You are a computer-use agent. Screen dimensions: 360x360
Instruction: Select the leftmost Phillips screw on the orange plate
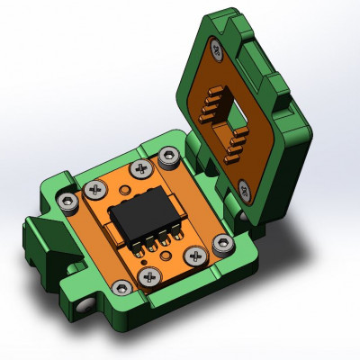click(x=94, y=190)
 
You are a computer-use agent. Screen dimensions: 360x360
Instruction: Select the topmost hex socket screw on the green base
click(x=167, y=159)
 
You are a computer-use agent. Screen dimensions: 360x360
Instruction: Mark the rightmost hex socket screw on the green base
click(x=222, y=242)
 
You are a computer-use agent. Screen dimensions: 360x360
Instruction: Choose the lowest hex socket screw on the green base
click(x=119, y=287)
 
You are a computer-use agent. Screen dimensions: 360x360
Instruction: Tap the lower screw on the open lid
click(x=245, y=188)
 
